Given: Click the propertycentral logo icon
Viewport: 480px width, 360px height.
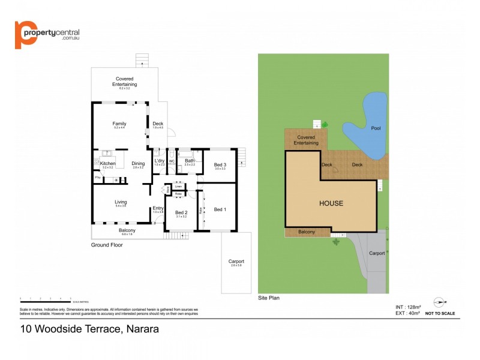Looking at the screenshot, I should (x=23, y=35).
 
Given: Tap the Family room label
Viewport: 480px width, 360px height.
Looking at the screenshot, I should (x=119, y=124).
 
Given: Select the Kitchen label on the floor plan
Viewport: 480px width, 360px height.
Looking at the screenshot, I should (x=107, y=163).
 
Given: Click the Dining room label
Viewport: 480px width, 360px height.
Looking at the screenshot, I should (x=138, y=163).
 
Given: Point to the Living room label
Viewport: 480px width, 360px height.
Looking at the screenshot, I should (x=120, y=202).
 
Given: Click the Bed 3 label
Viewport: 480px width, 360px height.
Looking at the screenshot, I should (x=220, y=164).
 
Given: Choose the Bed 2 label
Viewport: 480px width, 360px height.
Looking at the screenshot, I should (x=181, y=212).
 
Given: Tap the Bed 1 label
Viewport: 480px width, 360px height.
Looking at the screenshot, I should (x=220, y=209).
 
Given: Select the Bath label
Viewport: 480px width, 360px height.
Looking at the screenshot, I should (x=189, y=160).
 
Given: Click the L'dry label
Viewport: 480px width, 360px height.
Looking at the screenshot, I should (x=160, y=160).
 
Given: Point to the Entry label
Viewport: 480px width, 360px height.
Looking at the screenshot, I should (x=158, y=208).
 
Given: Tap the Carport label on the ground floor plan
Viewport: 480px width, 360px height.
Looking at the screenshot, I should (x=236, y=262).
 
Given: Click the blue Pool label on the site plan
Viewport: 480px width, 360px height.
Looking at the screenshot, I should (x=376, y=128).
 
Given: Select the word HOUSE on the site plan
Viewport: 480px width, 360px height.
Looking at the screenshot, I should (x=331, y=203).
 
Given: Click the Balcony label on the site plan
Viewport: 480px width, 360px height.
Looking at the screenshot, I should (x=306, y=232).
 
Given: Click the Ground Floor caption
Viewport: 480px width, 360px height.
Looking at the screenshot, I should (x=107, y=245).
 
